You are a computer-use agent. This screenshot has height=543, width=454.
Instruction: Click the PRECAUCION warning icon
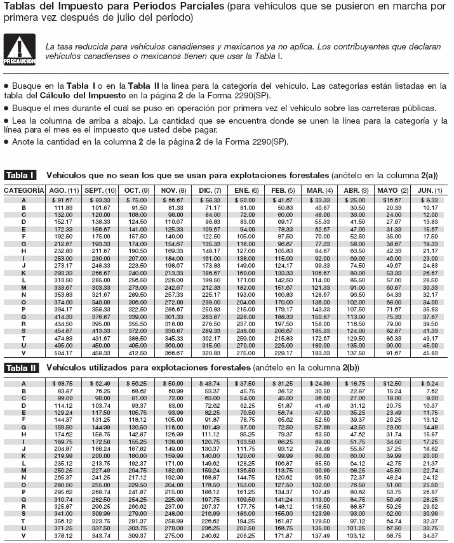(18, 51)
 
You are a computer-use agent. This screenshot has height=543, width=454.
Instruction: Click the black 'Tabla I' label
(20, 174)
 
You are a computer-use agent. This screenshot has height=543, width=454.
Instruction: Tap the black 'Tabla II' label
(22, 367)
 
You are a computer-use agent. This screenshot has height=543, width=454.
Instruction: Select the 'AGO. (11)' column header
(63, 190)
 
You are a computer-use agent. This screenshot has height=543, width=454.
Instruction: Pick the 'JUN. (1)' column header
(429, 190)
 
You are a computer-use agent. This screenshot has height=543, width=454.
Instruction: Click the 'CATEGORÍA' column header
(23, 190)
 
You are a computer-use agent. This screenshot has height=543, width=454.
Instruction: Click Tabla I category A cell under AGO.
(63, 200)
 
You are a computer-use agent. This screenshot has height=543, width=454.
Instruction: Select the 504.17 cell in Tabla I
(63, 353)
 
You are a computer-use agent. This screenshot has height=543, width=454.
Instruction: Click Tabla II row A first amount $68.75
(63, 383)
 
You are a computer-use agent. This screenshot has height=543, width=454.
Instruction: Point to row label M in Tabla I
(23, 287)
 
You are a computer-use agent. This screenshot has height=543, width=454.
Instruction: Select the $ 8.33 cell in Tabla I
(430, 200)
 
